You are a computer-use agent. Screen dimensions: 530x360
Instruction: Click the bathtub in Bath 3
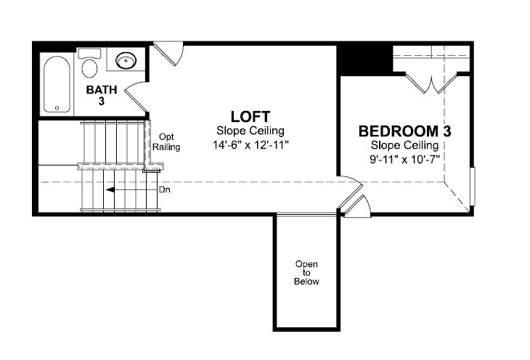57,84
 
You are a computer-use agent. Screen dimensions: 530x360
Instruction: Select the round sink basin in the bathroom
126,60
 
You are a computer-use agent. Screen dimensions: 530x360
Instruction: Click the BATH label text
102,90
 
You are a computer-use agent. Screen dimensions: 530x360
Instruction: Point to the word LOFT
250,117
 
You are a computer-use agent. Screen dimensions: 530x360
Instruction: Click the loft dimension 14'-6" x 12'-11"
250,145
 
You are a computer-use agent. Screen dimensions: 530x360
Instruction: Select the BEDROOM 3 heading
404,131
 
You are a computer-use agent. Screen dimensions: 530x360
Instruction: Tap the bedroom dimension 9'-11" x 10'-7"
404,160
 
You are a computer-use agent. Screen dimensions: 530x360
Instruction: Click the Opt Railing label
166,142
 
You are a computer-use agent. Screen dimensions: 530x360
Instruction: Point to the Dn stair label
165,190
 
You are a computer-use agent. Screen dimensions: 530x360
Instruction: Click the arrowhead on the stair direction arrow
110,190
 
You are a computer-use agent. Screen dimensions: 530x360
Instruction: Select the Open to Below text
306,273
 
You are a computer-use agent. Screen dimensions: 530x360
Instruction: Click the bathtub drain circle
57,108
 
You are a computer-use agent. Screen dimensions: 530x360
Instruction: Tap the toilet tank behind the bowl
89,54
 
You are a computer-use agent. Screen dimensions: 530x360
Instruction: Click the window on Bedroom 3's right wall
473,187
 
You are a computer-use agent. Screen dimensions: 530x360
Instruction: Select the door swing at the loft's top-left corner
168,53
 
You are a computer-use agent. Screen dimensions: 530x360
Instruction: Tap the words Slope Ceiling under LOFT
250,131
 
